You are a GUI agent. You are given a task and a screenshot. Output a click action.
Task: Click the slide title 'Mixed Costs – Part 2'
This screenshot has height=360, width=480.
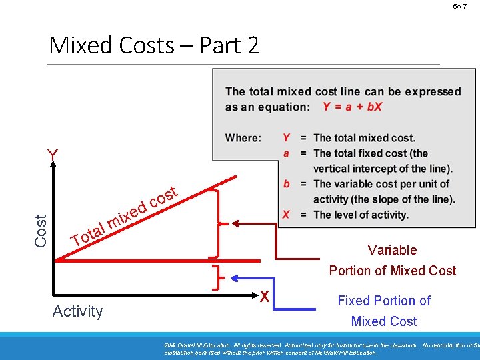coord(154,45)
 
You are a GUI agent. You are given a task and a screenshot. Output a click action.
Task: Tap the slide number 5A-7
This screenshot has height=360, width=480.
coord(460,6)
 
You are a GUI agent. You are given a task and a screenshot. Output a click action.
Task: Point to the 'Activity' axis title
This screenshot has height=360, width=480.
coord(78,311)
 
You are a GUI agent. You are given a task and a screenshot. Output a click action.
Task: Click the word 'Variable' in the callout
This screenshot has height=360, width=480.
coord(392,250)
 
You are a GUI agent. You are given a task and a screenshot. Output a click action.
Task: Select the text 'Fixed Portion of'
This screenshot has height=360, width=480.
coord(384,301)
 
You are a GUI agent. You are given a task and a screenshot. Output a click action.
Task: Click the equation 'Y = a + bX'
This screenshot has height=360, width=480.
coord(352,107)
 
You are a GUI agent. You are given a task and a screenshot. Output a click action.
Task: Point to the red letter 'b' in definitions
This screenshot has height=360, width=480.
coord(286,184)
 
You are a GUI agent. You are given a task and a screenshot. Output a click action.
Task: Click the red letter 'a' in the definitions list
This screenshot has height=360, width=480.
coord(286,153)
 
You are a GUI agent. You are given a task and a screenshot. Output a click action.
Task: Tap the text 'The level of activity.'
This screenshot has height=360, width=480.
coord(361,215)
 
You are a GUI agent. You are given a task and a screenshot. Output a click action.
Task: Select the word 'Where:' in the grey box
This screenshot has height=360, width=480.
coord(243,138)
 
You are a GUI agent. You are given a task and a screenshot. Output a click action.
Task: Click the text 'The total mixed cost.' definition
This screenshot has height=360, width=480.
coord(364,138)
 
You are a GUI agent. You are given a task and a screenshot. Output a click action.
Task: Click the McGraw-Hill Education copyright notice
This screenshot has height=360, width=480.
coord(320,348)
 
